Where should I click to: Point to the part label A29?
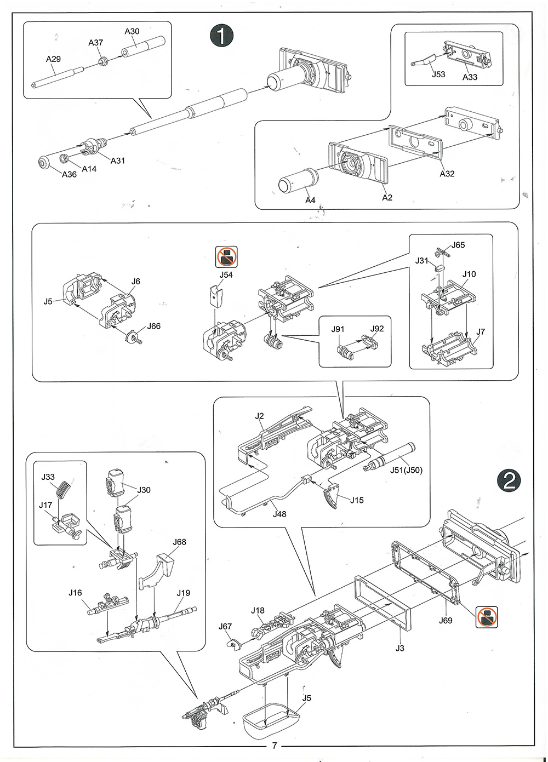coord(53,59)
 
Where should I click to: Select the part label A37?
coord(96,43)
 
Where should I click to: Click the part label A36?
coord(69,174)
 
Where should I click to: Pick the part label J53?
coord(438,75)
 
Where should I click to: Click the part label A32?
coord(447,174)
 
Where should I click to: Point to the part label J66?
coord(154,326)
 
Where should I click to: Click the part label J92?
coord(377,329)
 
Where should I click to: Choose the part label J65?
coord(458,245)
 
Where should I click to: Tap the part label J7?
coord(481,332)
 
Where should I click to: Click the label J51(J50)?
coord(406,470)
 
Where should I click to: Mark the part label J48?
coord(279,514)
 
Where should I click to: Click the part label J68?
coord(179,542)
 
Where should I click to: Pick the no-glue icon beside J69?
coord(487,617)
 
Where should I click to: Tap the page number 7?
coord(275,746)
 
